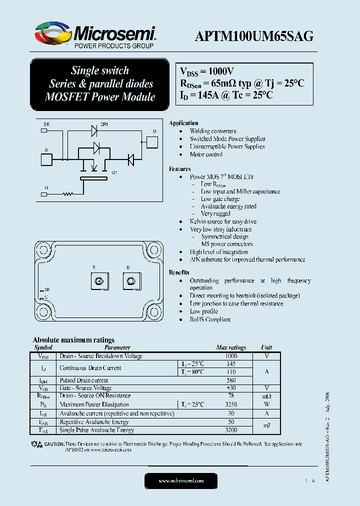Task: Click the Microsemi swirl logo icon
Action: click(x=53, y=34)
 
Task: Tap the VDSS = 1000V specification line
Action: click(x=207, y=71)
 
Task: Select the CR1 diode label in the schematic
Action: click(x=104, y=124)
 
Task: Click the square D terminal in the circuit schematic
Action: click(x=151, y=141)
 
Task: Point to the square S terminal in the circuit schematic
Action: click(x=46, y=159)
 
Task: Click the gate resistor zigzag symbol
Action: click(x=67, y=194)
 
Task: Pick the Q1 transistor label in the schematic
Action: click(x=114, y=172)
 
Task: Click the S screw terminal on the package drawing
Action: click(x=98, y=281)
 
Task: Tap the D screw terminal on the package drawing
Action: click(x=131, y=281)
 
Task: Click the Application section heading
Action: click(x=183, y=123)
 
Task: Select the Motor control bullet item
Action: click(x=206, y=154)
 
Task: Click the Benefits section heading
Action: click(x=179, y=272)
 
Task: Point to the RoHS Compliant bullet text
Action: click(x=210, y=319)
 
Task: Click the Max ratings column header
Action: click(x=231, y=347)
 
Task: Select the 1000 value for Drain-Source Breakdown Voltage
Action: click(x=231, y=356)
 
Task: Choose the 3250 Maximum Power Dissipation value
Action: click(x=231, y=404)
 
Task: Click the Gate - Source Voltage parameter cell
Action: click(x=85, y=388)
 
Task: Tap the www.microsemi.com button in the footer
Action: click(x=181, y=480)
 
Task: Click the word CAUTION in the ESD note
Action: click(x=54, y=444)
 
